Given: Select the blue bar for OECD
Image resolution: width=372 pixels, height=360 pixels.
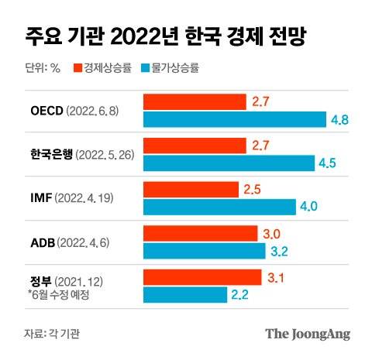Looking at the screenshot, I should point(234,118).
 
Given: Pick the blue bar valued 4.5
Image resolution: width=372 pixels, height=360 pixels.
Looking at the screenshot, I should point(229,163).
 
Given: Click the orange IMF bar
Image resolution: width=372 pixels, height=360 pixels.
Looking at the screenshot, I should point(190,189).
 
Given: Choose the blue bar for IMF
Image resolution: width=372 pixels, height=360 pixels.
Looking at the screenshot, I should point(219,207).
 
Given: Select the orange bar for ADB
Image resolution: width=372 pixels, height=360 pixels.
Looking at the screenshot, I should point(199,233).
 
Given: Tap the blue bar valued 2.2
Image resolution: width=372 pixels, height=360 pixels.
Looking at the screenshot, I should point(184,295).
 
